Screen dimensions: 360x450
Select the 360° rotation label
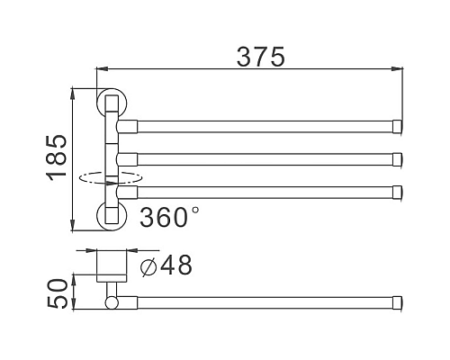[x=169, y=217]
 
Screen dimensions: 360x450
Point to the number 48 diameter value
[x=176, y=265]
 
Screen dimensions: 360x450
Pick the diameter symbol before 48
[x=149, y=266]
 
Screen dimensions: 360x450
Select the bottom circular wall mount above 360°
[x=109, y=216]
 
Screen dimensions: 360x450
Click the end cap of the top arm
[x=398, y=126]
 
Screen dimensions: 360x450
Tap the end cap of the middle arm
[x=398, y=159]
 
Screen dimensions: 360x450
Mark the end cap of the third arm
[x=398, y=191]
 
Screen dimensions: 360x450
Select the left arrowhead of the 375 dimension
[x=101, y=68]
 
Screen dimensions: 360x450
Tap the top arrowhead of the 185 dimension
[x=74, y=91]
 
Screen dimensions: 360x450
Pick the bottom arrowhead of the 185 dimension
[x=74, y=225]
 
